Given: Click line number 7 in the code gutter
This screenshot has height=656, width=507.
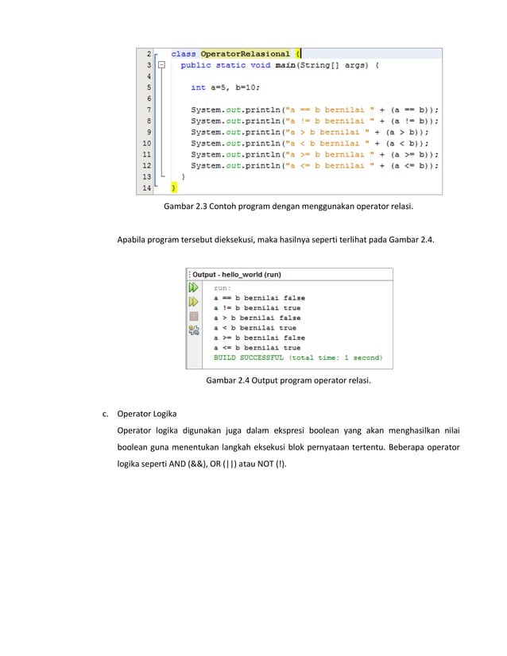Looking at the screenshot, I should pyautogui.click(x=149, y=110).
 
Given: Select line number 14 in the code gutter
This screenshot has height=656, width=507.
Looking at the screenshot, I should pyautogui.click(x=147, y=189).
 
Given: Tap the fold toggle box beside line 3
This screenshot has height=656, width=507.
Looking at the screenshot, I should pyautogui.click(x=161, y=65).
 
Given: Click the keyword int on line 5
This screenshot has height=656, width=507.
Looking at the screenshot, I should pyautogui.click(x=198, y=87).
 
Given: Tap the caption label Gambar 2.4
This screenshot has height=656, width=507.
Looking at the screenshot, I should pyautogui.click(x=229, y=381).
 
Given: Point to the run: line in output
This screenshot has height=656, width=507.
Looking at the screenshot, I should pyautogui.click(x=223, y=288).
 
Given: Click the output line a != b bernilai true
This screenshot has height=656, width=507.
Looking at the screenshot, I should pyautogui.click(x=257, y=308).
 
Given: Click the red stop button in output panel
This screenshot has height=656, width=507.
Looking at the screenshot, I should pyautogui.click(x=193, y=315).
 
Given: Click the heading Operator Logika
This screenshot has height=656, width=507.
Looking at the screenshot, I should pyautogui.click(x=147, y=414).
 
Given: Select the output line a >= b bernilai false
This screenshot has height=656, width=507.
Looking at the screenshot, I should pyautogui.click(x=259, y=338).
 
